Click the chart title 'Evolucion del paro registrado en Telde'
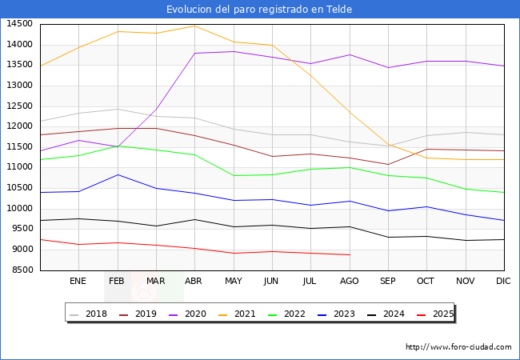[x=259, y=10]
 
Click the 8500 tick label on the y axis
[x=21, y=270]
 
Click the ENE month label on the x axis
[x=78, y=281]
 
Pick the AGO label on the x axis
[x=349, y=281]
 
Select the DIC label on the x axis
[x=503, y=281]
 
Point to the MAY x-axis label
[x=233, y=281]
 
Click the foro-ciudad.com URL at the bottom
[x=458, y=347]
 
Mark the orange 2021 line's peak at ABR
[x=194, y=26]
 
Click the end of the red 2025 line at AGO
[x=349, y=255]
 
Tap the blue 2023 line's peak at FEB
[x=118, y=174]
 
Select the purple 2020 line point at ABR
[x=194, y=54]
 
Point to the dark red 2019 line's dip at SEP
[x=387, y=164]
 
